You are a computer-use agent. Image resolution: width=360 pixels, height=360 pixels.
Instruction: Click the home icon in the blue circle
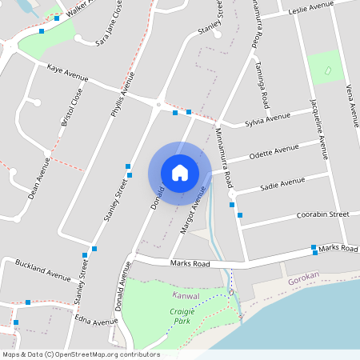pyautogui.click(x=179, y=172)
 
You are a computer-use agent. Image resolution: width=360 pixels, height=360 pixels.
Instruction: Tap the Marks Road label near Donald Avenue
pyautogui.click(x=190, y=264)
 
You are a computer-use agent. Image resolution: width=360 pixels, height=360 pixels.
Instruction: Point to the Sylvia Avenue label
pyautogui.click(x=267, y=120)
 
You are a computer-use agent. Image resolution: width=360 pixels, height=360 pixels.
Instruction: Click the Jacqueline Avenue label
pyautogui.click(x=318, y=128)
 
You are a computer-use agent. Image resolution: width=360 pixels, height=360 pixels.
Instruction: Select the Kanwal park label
pyautogui.click(x=186, y=295)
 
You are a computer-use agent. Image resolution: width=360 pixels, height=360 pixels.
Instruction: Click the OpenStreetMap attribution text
pyautogui.click(x=81, y=354)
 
